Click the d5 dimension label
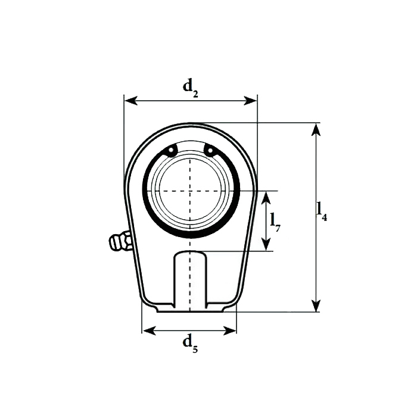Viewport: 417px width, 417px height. coord(191,344)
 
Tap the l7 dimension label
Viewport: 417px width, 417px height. coord(275,223)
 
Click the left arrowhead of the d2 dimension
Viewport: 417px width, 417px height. coord(131,101)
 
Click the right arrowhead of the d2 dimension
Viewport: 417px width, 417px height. coord(251,101)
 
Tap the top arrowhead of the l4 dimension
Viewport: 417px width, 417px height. coord(316,129)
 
